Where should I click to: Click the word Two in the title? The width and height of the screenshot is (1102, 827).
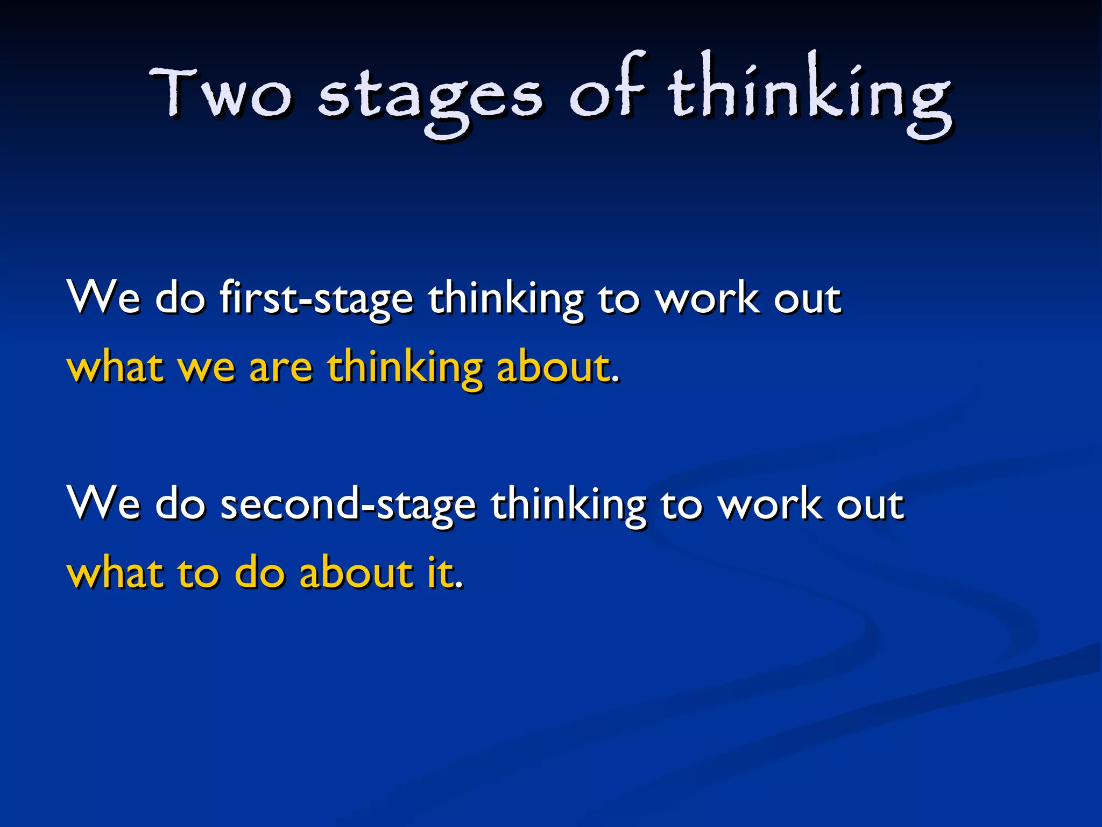tap(221, 93)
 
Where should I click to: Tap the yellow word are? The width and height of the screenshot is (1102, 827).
tap(280, 368)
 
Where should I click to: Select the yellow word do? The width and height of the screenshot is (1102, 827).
tap(259, 573)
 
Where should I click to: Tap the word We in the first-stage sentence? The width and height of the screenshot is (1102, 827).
tap(103, 297)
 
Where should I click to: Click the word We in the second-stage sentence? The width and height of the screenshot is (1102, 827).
tap(103, 503)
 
